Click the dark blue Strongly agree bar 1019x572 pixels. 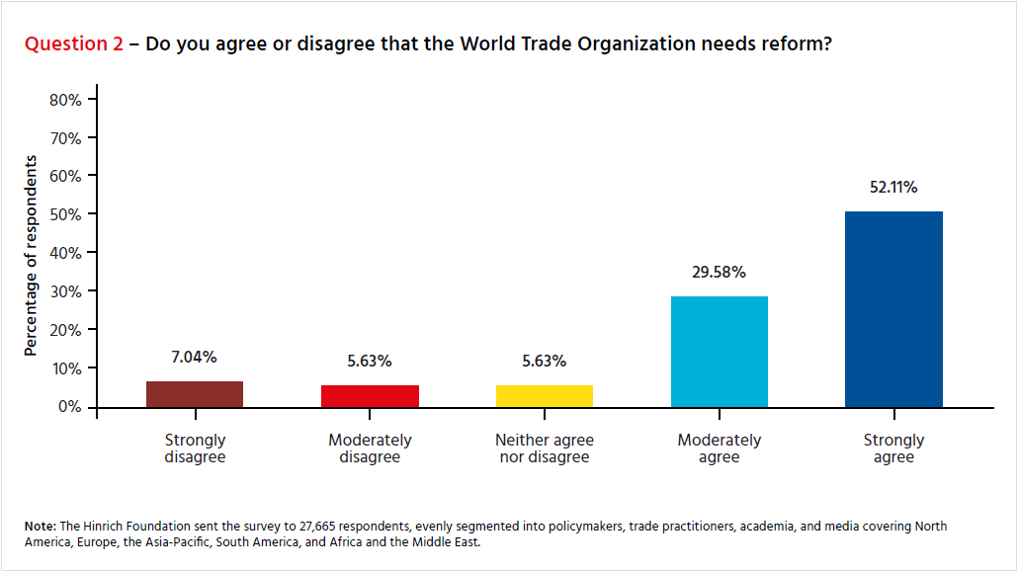coord(893,309)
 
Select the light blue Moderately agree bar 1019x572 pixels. coord(719,352)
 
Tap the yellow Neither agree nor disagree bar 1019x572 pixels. coord(545,396)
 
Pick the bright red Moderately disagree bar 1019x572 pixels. coord(370,396)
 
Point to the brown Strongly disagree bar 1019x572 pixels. coord(195,394)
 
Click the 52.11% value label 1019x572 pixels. coord(892,188)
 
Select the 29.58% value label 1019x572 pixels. coord(719,272)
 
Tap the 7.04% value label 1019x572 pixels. coord(195,357)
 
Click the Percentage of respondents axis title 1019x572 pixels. coord(31,255)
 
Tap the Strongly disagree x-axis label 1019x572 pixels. coord(195,449)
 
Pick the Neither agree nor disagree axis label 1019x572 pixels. coord(545,449)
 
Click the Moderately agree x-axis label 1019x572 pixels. coord(719,449)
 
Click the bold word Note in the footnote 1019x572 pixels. coord(42,527)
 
